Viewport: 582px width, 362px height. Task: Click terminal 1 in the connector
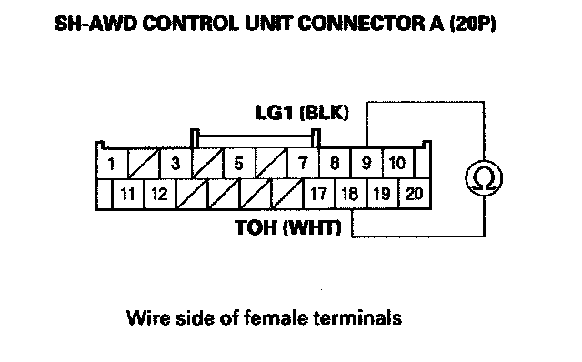point(112,164)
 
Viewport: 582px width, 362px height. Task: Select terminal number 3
point(176,164)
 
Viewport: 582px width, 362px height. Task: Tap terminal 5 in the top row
point(239,164)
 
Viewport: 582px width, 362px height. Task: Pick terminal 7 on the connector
point(303,164)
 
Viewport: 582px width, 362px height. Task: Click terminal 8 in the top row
point(335,164)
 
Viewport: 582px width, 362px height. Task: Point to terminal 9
point(366,164)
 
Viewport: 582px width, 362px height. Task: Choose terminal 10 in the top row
point(398,164)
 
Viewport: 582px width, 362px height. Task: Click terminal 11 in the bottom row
point(127,194)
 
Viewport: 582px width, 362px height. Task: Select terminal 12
point(160,194)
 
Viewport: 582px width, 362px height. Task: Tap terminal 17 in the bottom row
point(319,194)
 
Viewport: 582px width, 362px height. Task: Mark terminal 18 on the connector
point(351,194)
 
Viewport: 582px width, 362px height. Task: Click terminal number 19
point(382,194)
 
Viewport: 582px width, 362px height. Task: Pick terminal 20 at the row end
point(415,194)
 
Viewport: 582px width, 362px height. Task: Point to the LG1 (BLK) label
point(303,112)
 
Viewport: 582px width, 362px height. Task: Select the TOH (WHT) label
point(288,226)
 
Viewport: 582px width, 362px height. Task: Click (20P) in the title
point(473,24)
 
